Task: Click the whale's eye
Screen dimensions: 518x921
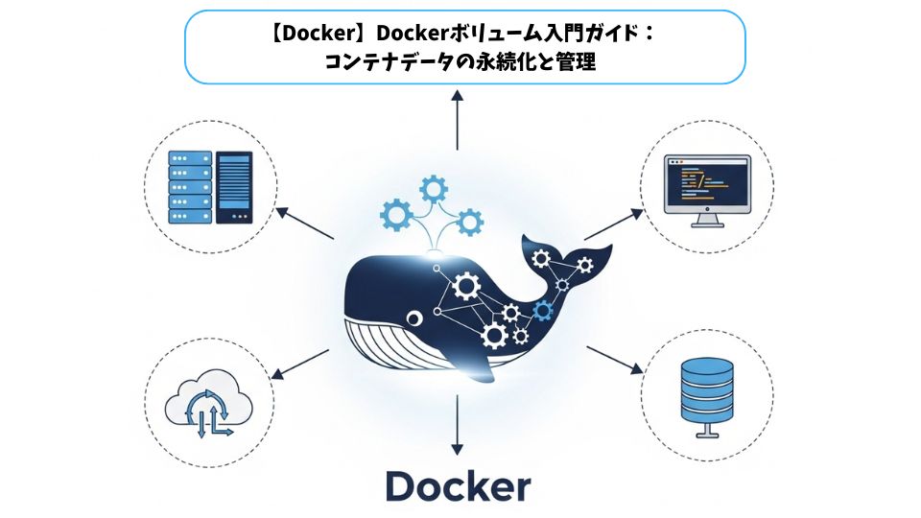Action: (x=413, y=318)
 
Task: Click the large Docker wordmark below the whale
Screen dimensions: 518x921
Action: (x=458, y=485)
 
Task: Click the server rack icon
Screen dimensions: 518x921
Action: (x=188, y=187)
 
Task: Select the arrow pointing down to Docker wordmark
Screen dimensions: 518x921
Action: (x=458, y=422)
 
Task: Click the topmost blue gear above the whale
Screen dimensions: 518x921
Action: (x=432, y=185)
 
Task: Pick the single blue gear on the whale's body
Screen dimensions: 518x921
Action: (x=544, y=309)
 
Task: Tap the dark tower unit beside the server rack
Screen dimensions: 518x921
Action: (x=234, y=187)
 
